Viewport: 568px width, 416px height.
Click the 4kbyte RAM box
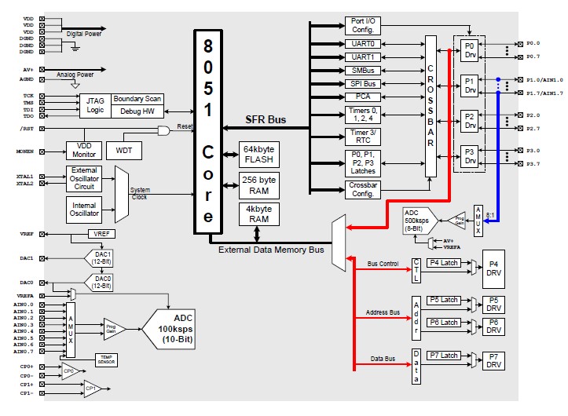258,213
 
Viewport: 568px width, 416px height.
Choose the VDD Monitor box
84,149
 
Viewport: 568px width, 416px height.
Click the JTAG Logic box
93,104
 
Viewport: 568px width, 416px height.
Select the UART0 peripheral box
362,44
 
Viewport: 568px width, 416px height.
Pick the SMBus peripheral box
362,70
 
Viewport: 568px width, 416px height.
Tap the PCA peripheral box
362,97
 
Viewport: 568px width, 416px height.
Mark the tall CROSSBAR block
430,105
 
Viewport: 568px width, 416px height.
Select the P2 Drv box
470,122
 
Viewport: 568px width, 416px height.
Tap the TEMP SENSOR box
106,359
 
